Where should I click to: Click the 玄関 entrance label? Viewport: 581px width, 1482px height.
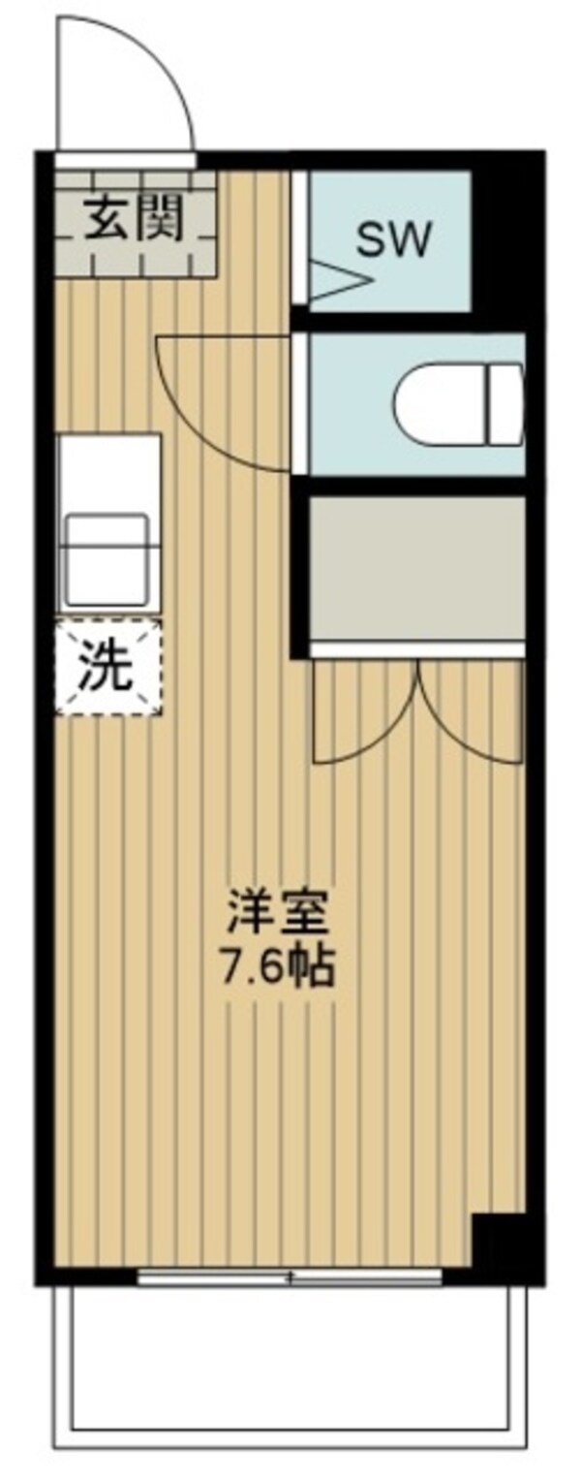click(134, 222)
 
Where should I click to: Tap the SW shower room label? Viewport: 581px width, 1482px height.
click(393, 239)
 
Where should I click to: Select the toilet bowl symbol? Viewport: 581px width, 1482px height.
click(458, 403)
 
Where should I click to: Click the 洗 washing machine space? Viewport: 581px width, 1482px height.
click(107, 667)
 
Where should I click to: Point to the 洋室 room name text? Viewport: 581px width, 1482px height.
click(280, 913)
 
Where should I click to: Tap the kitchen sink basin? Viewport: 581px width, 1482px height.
click(107, 558)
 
